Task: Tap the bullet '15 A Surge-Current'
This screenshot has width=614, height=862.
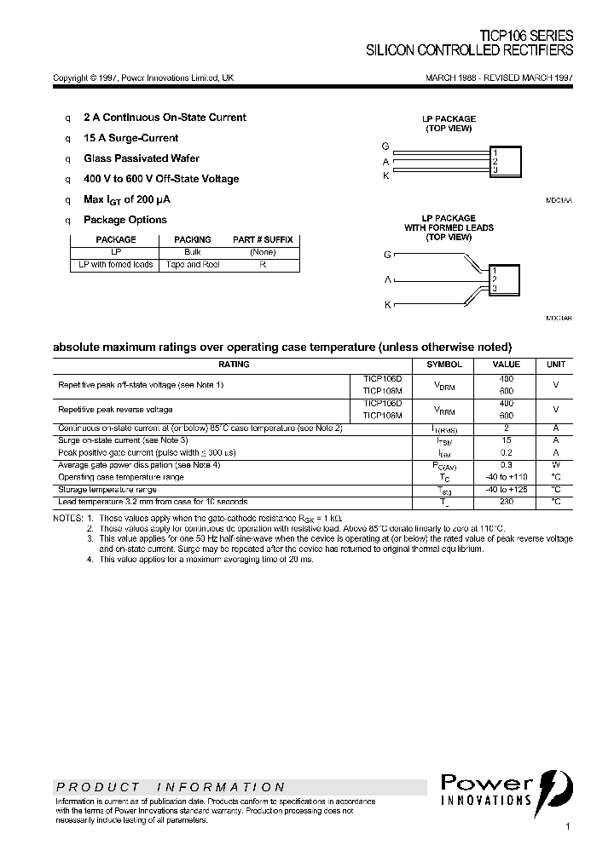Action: click(130, 138)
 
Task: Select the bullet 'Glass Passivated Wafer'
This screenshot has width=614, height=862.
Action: click(141, 158)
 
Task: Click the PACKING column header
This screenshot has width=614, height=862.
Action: click(192, 240)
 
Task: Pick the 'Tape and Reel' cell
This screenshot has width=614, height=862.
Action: click(192, 265)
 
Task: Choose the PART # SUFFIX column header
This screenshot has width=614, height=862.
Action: click(263, 240)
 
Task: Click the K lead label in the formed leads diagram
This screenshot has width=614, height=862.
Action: click(387, 304)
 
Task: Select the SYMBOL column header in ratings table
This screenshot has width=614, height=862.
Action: click(443, 365)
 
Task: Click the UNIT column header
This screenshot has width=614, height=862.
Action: click(555, 365)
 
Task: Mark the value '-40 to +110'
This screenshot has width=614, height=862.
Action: click(507, 477)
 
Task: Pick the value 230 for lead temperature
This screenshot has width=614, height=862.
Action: click(507, 502)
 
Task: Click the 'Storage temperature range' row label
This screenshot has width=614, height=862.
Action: click(107, 490)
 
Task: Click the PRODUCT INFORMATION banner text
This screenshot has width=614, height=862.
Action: click(171, 787)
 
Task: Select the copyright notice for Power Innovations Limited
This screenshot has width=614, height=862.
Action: click(143, 78)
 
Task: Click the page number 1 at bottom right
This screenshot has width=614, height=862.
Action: click(567, 827)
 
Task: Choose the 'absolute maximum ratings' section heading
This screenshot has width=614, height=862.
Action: click(282, 347)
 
